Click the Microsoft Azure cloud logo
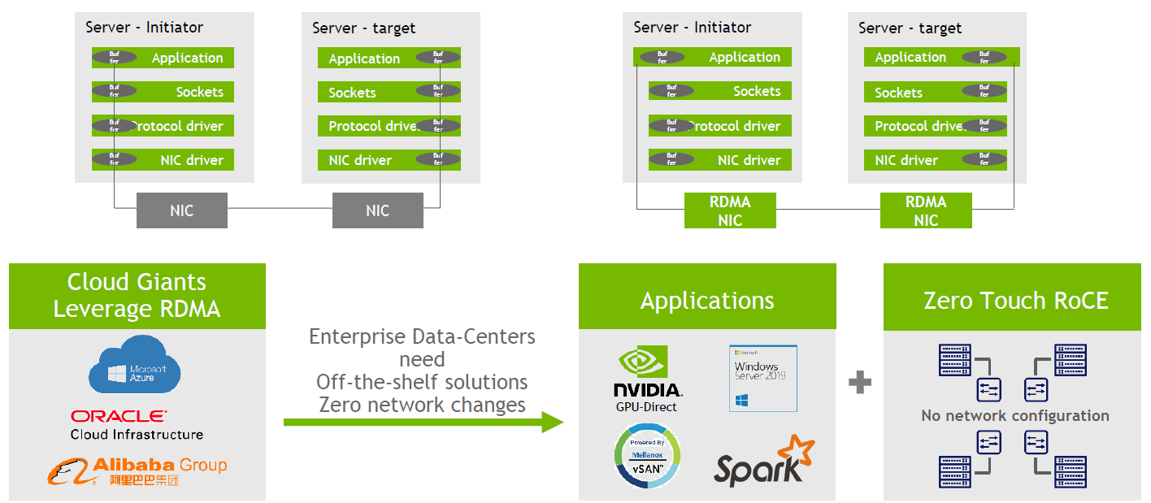coord(134,370)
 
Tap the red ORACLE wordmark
coord(119,416)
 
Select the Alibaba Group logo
coord(137,471)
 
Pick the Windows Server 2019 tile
coord(762,378)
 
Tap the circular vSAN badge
coord(648,457)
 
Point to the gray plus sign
coord(859,382)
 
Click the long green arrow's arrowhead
coord(553,422)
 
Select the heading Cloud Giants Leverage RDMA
coord(137,295)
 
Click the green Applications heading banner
coord(706,301)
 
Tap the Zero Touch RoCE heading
coord(1015,301)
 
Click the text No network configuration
coord(1014,416)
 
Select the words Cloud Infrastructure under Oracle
coord(137,434)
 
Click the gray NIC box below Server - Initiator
coord(181,210)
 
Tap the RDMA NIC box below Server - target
coord(925,211)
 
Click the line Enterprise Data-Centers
coord(422,336)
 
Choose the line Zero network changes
coord(422,404)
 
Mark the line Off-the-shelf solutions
coord(422,382)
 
